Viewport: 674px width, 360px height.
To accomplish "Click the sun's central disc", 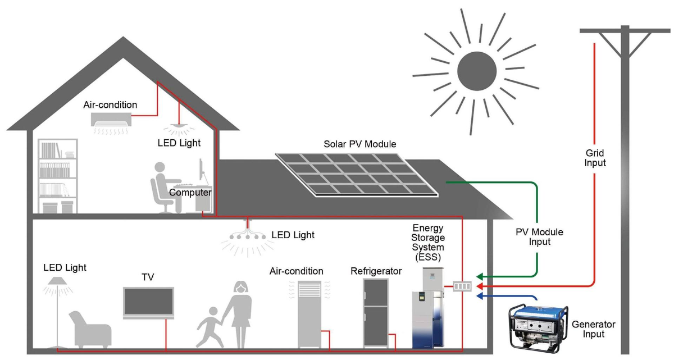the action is coord(477,71).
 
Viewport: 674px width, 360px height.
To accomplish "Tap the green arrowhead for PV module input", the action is coord(480,276).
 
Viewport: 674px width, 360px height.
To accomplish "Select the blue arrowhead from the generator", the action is coord(480,296).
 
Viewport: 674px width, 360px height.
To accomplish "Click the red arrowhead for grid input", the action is coord(480,286).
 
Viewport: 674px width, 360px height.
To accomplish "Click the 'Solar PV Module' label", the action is coord(359,144).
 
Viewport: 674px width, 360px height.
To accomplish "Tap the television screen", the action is coord(148,302).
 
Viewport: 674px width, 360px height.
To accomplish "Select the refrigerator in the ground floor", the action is coord(376,313).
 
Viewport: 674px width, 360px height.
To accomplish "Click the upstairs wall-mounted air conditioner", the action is coord(111,119).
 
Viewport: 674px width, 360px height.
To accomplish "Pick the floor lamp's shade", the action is coord(58,281).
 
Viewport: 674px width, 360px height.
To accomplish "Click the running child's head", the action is coord(213,312).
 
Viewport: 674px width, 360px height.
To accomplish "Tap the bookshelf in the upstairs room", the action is coord(58,176).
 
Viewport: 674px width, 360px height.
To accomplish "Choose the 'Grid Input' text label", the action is coord(595,158).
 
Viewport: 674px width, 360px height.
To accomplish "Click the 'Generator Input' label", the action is coord(593,329).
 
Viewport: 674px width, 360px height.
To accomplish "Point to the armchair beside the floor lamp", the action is coord(90,330).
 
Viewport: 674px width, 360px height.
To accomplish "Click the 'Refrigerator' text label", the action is coord(376,271).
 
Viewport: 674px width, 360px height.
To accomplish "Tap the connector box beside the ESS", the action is coord(462,286).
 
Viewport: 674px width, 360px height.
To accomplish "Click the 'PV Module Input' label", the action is coord(539,236).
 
